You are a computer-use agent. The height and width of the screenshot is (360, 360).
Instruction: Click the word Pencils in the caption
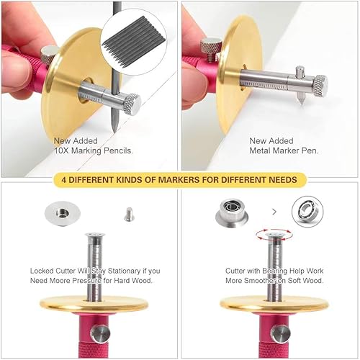pos(118,150)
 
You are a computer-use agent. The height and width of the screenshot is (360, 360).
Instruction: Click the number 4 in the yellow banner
pos(63,180)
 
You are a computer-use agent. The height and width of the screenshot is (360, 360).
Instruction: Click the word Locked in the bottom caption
pos(42,271)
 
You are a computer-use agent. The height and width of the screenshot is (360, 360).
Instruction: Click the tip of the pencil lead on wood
pos(114,132)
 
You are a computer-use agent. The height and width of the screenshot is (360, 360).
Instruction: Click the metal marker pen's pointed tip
pos(301,103)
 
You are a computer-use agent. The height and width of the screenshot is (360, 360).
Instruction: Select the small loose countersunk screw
pos(129,215)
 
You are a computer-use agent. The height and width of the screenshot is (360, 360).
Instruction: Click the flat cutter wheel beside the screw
pos(63,213)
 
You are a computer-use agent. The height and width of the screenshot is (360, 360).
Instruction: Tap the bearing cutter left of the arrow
pos(232,213)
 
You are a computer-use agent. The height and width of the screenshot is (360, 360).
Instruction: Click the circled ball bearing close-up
pos(307,212)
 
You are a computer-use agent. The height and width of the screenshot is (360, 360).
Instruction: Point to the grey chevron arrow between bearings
pos(274,212)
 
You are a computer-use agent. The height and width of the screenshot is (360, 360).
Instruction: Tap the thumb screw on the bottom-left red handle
pos(100,334)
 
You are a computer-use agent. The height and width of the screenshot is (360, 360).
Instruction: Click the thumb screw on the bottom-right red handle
pos(280,334)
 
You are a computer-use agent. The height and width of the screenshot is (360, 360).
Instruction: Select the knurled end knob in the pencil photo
pos(132,104)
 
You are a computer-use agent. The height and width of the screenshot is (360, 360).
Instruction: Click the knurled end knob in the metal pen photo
pos(320,86)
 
